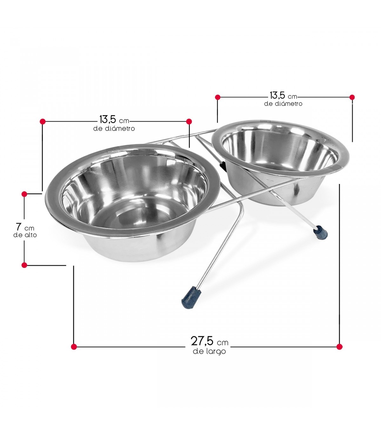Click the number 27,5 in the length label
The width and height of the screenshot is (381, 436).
[202, 341]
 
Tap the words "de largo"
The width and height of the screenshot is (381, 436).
[209, 351]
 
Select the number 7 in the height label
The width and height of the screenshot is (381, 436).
[19, 227]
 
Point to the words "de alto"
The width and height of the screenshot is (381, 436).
[25, 235]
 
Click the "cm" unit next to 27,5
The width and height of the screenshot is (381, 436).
[223, 343]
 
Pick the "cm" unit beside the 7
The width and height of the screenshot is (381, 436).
[30, 228]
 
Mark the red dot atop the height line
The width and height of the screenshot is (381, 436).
[24, 194]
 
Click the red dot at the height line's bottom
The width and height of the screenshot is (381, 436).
[24, 265]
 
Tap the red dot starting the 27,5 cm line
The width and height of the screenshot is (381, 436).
[74, 347]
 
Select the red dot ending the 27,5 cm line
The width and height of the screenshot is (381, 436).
[340, 347]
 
